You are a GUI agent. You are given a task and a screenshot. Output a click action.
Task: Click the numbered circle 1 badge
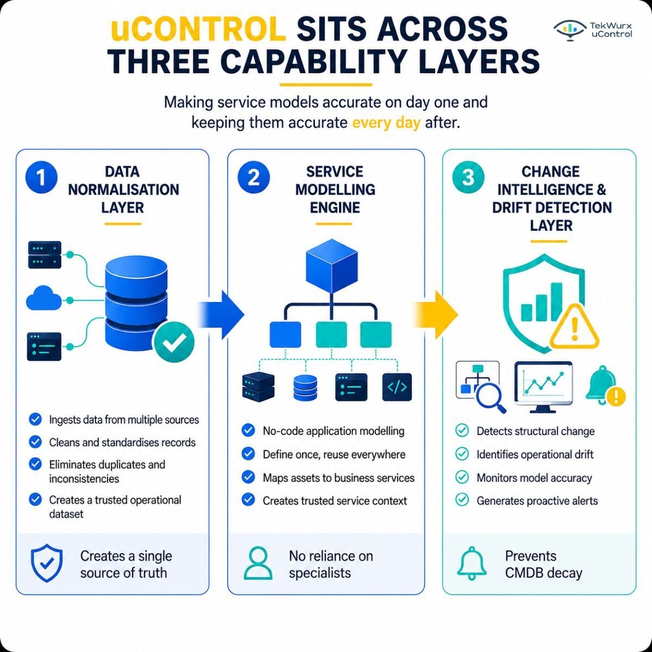coord(41,177)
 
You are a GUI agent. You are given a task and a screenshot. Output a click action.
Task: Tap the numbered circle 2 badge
coord(254,177)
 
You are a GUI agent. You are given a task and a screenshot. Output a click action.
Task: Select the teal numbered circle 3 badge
coord(468,177)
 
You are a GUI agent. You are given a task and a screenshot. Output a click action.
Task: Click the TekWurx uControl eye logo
coord(570,30)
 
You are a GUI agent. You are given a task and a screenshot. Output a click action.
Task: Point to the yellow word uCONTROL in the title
coord(198,30)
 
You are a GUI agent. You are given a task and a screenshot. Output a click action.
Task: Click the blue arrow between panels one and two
coord(220,315)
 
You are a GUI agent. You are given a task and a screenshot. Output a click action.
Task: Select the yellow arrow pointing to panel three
coord(435,315)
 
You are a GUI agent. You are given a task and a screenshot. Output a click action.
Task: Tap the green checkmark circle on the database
coord(174,342)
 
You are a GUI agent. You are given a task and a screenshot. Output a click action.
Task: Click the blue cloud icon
coord(44,298)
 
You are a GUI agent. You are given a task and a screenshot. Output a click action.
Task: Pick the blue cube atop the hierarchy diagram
coord(331,266)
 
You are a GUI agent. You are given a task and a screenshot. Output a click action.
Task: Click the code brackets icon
coord(397,387)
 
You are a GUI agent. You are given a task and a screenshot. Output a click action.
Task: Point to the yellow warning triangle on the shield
coord(574,327)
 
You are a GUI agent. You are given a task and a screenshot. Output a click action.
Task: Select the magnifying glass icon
coord(490,397)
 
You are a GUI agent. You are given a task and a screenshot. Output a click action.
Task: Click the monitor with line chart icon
coord(543,387)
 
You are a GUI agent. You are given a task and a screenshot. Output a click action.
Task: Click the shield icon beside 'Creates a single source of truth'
coord(47,563)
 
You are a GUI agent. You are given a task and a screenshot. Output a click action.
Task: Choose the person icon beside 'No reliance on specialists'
coord(258,563)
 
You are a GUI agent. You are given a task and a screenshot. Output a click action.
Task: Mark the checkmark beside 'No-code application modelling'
coord(248,430)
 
